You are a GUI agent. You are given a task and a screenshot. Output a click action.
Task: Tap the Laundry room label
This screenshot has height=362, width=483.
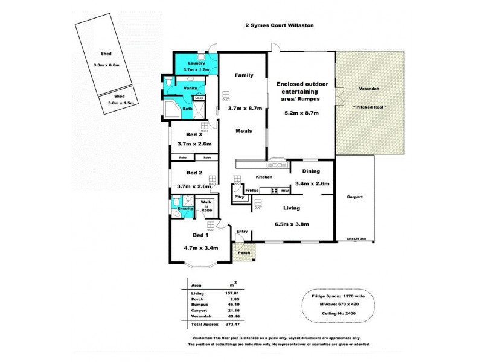point(197,63)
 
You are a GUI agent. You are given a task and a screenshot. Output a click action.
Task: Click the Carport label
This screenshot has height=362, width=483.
point(354,197)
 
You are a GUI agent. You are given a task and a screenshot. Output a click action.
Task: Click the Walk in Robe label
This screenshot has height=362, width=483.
point(206,206)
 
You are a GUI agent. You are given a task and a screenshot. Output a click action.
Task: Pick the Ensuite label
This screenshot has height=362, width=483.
point(184,209)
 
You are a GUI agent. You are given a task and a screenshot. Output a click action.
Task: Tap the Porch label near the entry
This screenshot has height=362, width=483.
point(244,253)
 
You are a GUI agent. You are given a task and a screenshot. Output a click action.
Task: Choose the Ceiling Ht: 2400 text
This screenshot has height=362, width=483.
point(342,314)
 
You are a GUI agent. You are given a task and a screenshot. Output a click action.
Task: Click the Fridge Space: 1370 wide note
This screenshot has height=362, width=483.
point(342,297)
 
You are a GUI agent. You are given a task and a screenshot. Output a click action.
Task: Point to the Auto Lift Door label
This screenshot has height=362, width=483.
point(361,239)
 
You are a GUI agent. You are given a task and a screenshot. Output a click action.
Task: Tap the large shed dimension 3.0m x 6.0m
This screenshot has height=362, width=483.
point(107,65)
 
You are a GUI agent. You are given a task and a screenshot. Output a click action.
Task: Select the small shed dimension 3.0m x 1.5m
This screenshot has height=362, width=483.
point(121,103)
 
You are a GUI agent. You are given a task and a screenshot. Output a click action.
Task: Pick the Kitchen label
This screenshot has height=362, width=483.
point(263,177)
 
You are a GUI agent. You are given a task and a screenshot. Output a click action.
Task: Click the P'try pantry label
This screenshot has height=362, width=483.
point(239,197)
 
